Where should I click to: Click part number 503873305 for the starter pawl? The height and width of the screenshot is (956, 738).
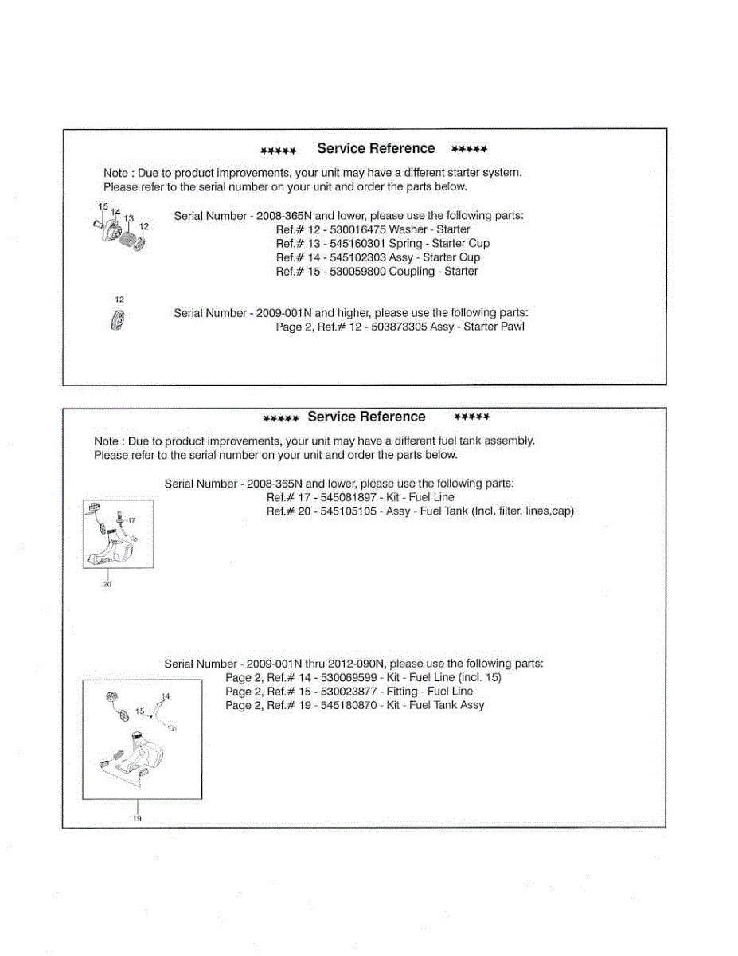point(397,327)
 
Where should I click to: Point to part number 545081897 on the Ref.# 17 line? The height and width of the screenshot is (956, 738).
point(348,497)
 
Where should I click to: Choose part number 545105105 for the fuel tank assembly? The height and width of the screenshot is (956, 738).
point(348,511)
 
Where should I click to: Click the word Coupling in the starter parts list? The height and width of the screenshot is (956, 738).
point(415,272)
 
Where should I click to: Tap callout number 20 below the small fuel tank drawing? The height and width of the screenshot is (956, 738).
point(107,584)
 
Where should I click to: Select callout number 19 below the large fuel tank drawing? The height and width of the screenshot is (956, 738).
point(137,818)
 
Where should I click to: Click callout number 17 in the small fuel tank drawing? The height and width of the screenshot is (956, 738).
point(132,519)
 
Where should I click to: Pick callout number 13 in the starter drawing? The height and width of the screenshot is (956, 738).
point(129,218)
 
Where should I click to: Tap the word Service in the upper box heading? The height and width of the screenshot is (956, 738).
point(341,148)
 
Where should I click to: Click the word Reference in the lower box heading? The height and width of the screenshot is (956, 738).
point(396,417)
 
